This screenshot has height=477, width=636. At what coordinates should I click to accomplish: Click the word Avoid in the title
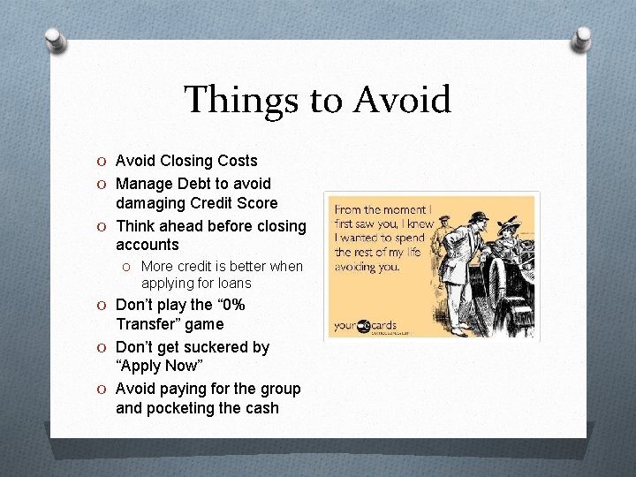(402, 100)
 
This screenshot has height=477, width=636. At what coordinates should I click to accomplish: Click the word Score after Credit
(255, 203)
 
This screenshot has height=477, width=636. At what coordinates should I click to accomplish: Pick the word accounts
(147, 245)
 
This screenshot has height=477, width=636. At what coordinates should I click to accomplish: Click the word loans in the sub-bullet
(233, 284)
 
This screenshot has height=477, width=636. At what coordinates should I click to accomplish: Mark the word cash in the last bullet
(261, 408)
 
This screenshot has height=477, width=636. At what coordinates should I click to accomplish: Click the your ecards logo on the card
(367, 326)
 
